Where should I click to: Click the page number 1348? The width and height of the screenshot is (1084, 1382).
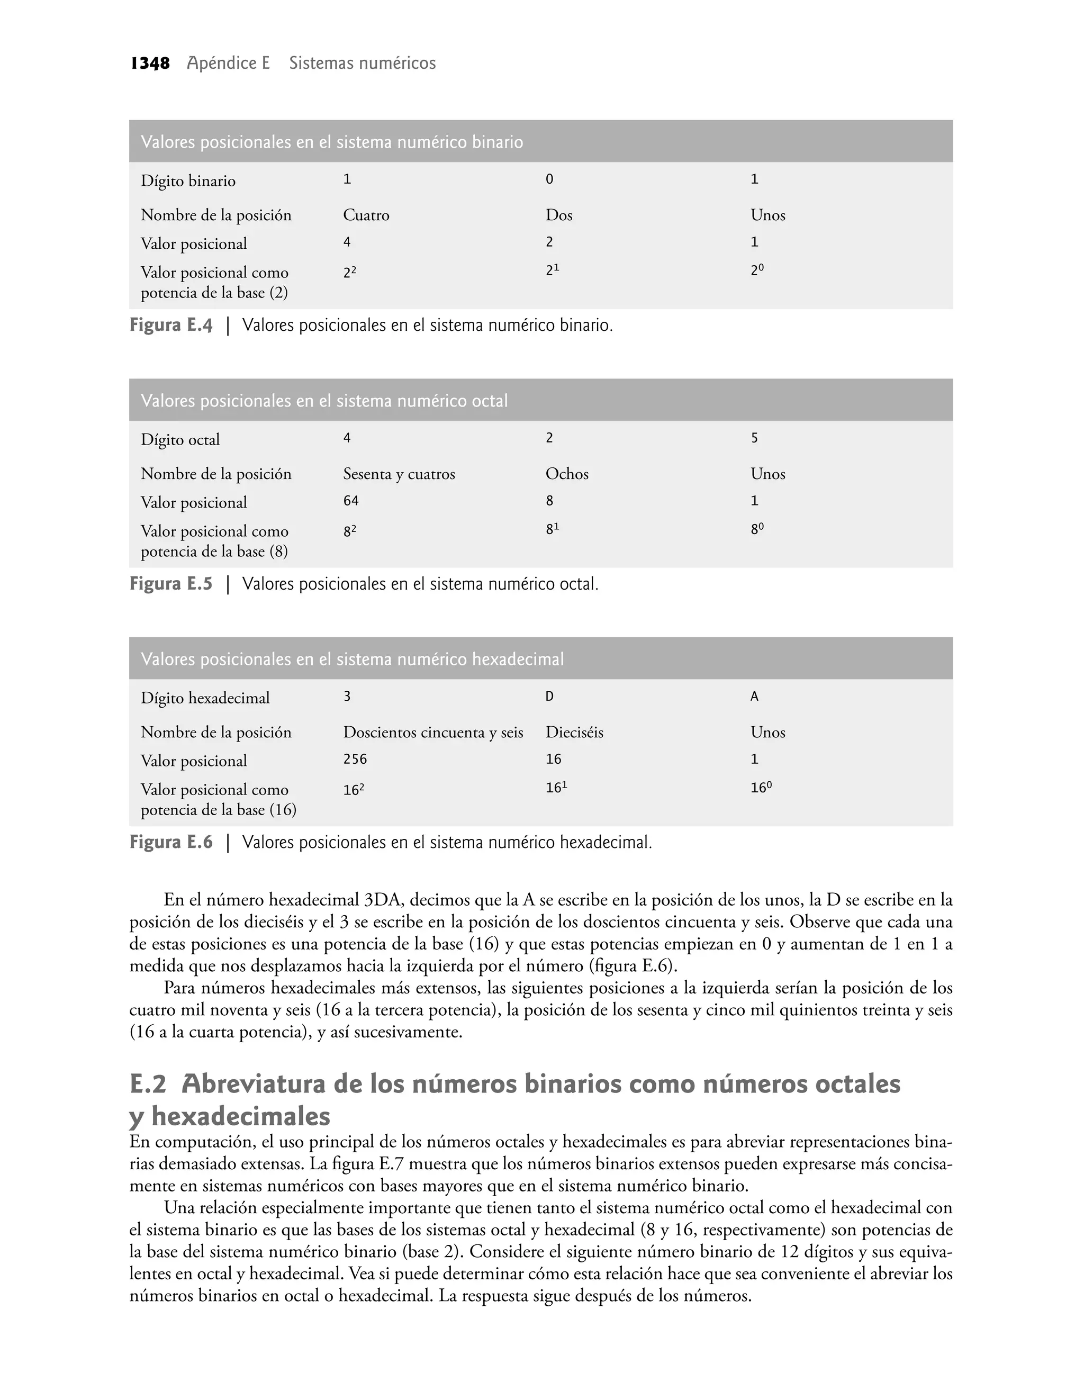click(x=150, y=64)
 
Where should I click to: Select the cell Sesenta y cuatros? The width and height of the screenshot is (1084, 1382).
click(x=399, y=474)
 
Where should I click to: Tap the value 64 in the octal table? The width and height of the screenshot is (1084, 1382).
click(x=351, y=501)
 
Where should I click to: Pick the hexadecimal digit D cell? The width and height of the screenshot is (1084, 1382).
click(x=549, y=697)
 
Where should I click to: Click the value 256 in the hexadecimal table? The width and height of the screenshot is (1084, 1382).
click(x=355, y=760)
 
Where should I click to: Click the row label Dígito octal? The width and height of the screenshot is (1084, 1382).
click(x=180, y=440)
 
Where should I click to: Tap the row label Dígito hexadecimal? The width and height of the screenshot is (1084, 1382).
click(x=205, y=698)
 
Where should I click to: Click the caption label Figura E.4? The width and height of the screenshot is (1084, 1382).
click(x=171, y=326)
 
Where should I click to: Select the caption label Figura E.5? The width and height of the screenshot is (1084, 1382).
click(x=171, y=584)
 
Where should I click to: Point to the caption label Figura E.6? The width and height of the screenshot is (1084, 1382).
click(x=171, y=842)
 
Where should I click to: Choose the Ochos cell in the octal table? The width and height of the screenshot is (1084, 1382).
click(x=567, y=474)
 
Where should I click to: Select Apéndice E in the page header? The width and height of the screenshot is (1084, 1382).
click(x=229, y=64)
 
